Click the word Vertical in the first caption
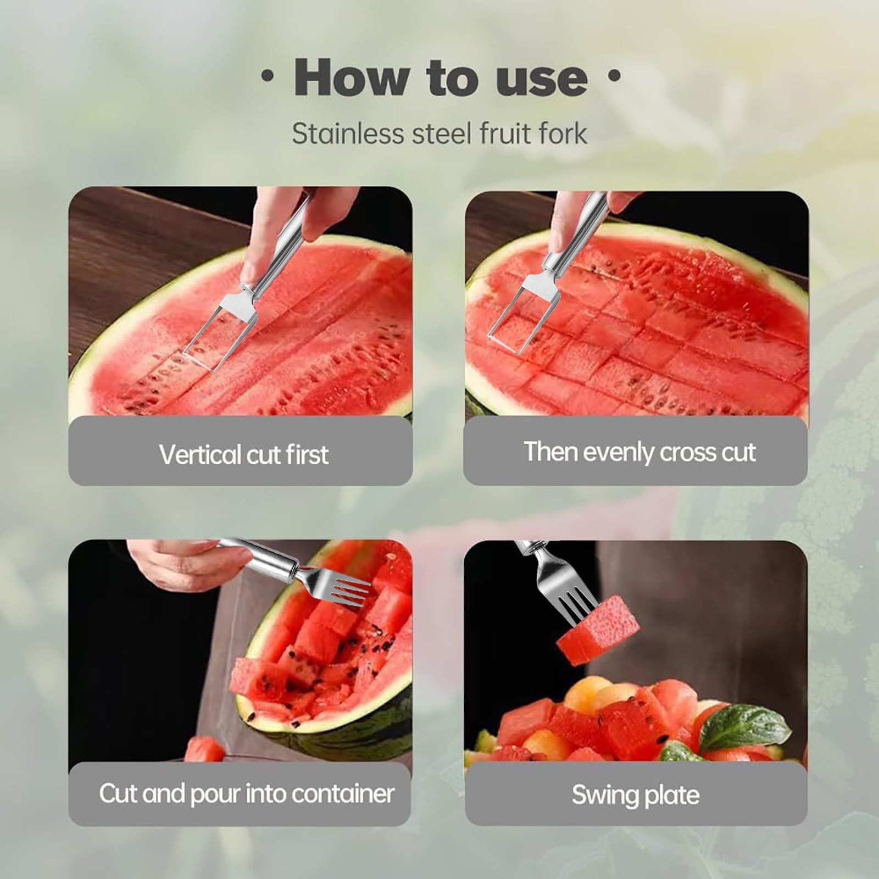point(200,455)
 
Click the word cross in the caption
point(685,452)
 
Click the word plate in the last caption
point(672,795)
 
